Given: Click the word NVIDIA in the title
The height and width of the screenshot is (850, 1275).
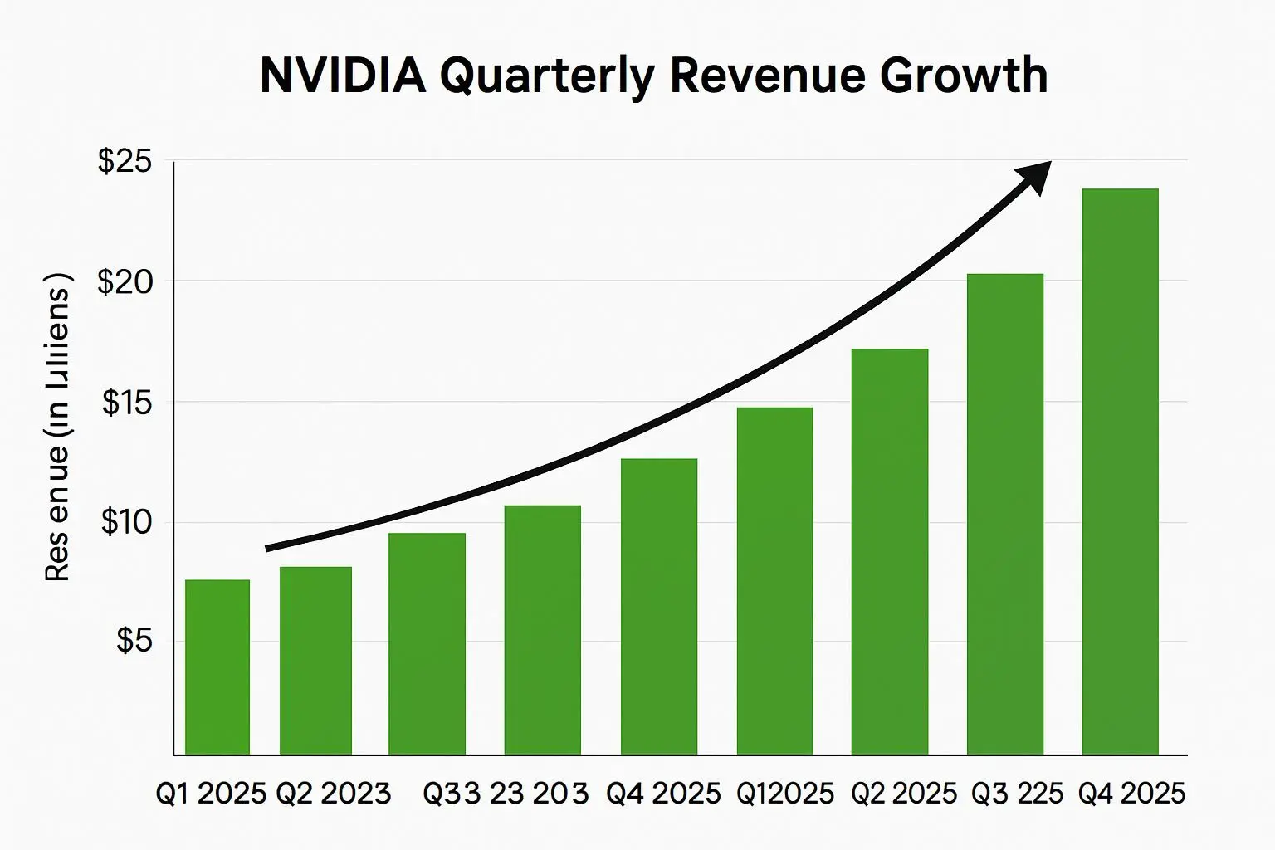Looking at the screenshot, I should coord(343,76).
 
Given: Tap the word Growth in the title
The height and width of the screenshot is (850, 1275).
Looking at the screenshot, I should coord(963,76).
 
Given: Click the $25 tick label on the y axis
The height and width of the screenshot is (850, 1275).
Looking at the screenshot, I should coord(125,161).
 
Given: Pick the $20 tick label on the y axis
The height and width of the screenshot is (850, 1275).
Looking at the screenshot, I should coord(125,282).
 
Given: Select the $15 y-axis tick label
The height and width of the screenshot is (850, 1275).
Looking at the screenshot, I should coord(127,403).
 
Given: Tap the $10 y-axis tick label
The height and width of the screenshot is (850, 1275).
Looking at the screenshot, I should coord(126,523).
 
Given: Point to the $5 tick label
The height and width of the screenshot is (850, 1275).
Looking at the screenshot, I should coord(134,641).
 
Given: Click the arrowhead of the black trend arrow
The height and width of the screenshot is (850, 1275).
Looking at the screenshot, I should coord(1034,175).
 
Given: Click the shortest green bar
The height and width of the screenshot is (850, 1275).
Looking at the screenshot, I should coord(217,667).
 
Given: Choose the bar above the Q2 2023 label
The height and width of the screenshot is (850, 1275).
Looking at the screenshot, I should coord(315,661).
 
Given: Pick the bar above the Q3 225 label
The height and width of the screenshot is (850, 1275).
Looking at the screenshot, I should coord(1004,515).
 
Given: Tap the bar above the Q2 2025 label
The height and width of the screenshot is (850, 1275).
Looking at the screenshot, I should coord(889,552).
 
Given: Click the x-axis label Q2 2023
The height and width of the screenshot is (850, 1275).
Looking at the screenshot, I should coord(333,794).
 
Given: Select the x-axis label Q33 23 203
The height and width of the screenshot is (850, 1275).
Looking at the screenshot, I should coord(506,794).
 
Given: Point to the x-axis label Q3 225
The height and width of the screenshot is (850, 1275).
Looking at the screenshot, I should coord(1017,794).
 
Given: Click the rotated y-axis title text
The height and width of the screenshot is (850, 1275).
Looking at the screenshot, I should coord(57,426).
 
